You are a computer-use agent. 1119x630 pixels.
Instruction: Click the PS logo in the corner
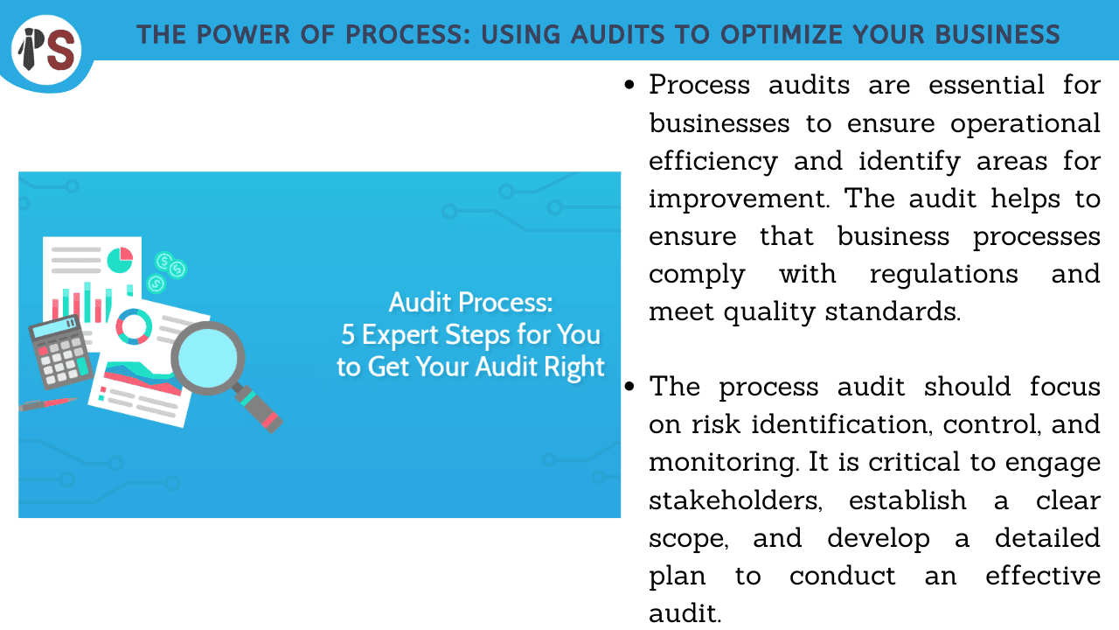[x=47, y=50]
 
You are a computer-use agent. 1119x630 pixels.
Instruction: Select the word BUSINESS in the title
[x=997, y=34]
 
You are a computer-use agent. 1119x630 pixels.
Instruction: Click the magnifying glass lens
[x=207, y=358]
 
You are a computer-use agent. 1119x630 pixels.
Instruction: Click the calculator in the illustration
[x=60, y=352]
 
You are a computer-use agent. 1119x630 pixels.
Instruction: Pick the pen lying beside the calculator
[x=47, y=404]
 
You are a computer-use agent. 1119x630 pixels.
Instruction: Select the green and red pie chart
[x=120, y=260]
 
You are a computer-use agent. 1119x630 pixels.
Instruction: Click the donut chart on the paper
[x=134, y=326]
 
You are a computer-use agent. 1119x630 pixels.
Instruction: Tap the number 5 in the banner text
[x=348, y=334]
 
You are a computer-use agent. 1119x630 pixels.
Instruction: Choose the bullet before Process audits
[x=629, y=85]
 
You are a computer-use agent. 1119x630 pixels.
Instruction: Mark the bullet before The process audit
[x=629, y=387]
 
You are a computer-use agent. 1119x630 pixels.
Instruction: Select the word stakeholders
[x=735, y=500]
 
